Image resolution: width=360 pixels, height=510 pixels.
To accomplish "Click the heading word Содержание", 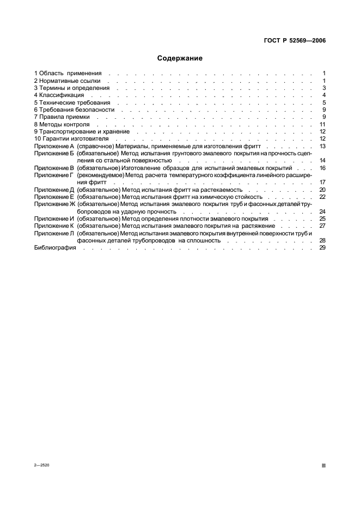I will click(x=180, y=58).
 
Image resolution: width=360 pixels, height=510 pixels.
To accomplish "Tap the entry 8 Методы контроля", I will click(x=61, y=124).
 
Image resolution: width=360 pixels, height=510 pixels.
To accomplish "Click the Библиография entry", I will click(x=54, y=247).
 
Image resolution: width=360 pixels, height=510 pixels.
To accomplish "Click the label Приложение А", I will click(x=53, y=146).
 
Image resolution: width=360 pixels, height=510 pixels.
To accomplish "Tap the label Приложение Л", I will click(x=53, y=233).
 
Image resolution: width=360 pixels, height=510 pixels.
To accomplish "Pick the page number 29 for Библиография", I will click(x=322, y=247).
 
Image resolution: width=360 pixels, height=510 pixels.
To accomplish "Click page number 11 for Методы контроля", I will click(x=322, y=124).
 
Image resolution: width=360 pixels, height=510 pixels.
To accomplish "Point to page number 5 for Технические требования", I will click(x=324, y=102).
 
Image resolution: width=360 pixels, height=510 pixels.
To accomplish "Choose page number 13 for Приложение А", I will click(x=322, y=146).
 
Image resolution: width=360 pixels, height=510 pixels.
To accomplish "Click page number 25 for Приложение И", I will click(x=322, y=218).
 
